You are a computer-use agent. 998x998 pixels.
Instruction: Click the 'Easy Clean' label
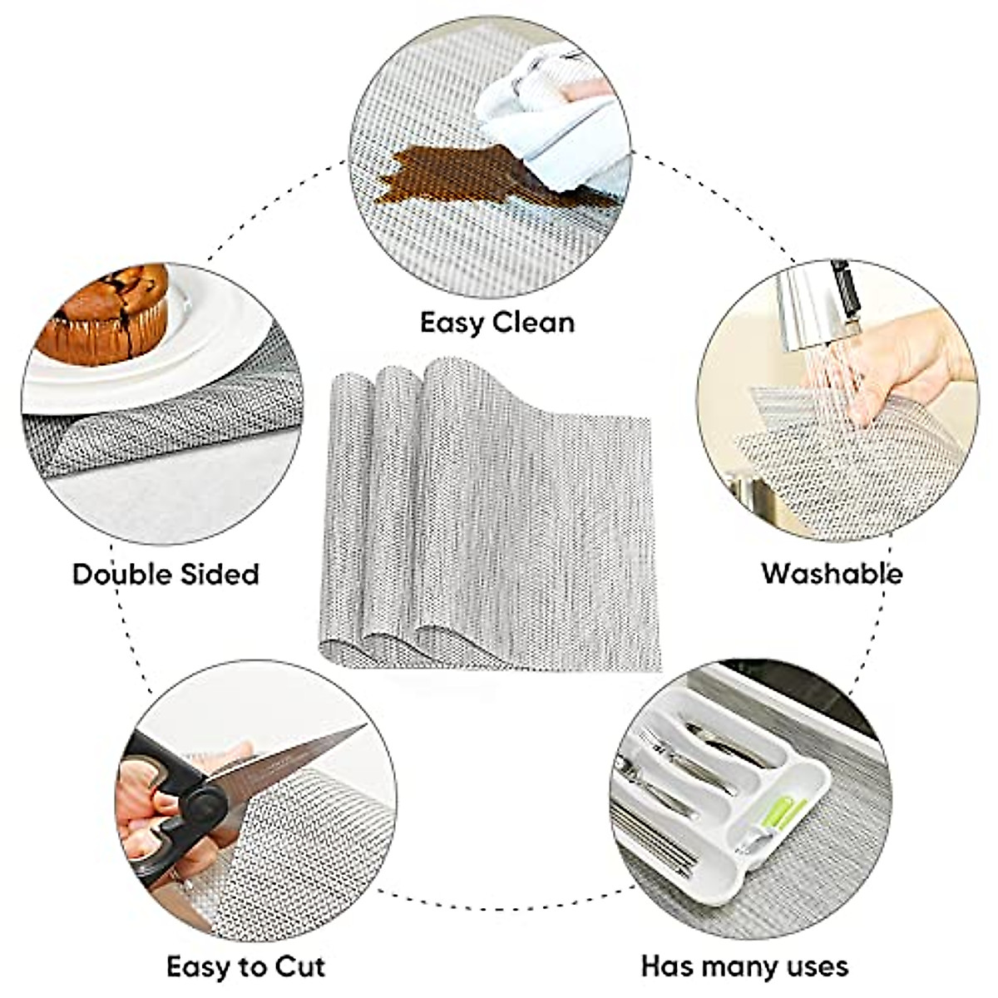tap(497, 322)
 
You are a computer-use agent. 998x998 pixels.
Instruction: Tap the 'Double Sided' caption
tap(166, 574)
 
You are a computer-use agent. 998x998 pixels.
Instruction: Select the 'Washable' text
tap(832, 573)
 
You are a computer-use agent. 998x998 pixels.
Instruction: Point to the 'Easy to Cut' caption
tap(245, 967)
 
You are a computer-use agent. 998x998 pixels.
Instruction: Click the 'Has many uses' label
tap(744, 966)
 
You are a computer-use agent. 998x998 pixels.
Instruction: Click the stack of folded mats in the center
tap(487, 516)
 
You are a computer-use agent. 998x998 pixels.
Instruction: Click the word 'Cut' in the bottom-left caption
tap(296, 967)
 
